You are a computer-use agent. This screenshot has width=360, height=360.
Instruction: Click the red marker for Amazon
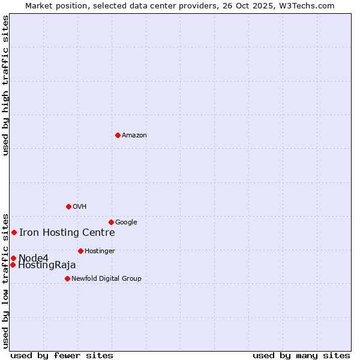[118, 135]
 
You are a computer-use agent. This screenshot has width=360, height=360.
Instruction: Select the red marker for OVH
[68, 206]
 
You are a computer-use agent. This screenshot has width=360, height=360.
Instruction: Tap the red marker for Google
[111, 222]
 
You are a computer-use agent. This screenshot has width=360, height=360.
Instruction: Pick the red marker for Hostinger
[80, 251]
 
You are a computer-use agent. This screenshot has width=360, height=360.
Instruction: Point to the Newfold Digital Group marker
[67, 278]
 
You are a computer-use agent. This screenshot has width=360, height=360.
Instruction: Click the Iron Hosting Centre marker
[14, 232]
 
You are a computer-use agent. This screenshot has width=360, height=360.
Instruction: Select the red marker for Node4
[13, 258]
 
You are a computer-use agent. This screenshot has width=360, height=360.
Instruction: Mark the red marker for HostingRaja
[13, 265]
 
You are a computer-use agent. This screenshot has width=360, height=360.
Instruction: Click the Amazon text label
[134, 136]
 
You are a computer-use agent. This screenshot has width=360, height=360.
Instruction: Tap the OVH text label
[80, 207]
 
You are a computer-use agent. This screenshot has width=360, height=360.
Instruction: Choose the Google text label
[126, 223]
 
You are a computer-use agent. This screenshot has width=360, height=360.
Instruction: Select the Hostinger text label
[100, 251]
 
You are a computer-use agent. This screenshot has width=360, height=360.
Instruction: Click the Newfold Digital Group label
[106, 279]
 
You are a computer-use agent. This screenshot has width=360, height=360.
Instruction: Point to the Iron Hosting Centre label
[67, 233]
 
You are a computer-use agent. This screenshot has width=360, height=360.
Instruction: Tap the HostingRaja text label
[47, 265]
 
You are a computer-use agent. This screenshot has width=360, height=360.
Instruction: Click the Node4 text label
[34, 258]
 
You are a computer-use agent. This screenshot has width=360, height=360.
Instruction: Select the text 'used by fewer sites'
[61, 356]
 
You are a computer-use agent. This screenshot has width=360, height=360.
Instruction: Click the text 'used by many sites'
[301, 356]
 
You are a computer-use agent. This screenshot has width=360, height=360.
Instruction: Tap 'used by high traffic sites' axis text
[5, 85]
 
